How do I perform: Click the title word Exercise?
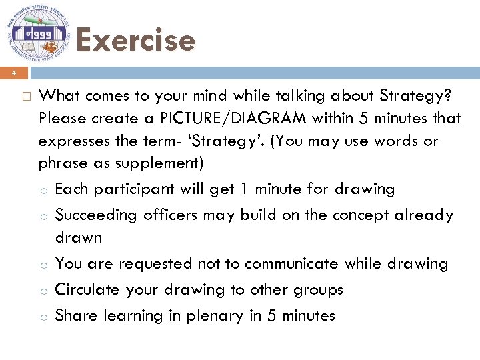point(135,40)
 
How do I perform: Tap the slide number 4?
point(11,73)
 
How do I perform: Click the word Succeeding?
point(97,215)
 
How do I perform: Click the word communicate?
point(291,263)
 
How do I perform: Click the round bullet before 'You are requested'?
point(43,265)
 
